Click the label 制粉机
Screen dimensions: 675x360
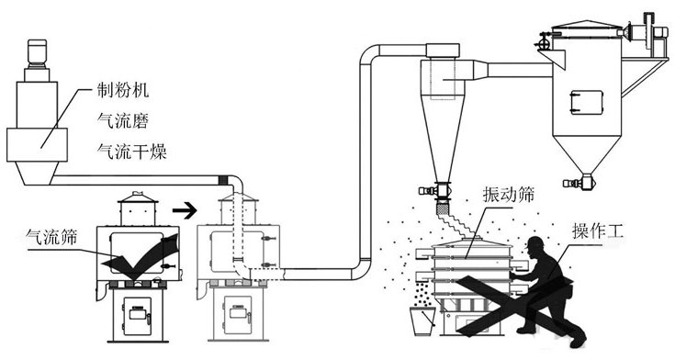pyautogui.click(x=123, y=90)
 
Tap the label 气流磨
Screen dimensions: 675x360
pyautogui.click(x=123, y=120)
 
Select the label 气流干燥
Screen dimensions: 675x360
pyautogui.click(x=131, y=152)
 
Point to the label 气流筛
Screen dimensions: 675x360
pyautogui.click(x=51, y=237)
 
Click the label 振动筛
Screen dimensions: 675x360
pyautogui.click(x=509, y=195)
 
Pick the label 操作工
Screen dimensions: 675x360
pyautogui.click(x=598, y=232)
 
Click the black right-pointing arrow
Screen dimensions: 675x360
pyautogui.click(x=185, y=210)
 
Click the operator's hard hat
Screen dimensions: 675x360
pyautogui.click(x=536, y=242)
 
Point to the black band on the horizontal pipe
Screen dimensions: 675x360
pyautogui.click(x=223, y=180)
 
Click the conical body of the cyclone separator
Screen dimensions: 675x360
pyautogui.click(x=443, y=138)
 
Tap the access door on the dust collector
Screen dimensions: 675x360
pyautogui.click(x=586, y=103)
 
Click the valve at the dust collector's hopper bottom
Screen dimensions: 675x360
pyautogui.click(x=582, y=182)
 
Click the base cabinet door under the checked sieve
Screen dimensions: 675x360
pyautogui.click(x=138, y=316)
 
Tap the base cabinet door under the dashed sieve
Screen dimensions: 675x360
pyautogui.click(x=238, y=316)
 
